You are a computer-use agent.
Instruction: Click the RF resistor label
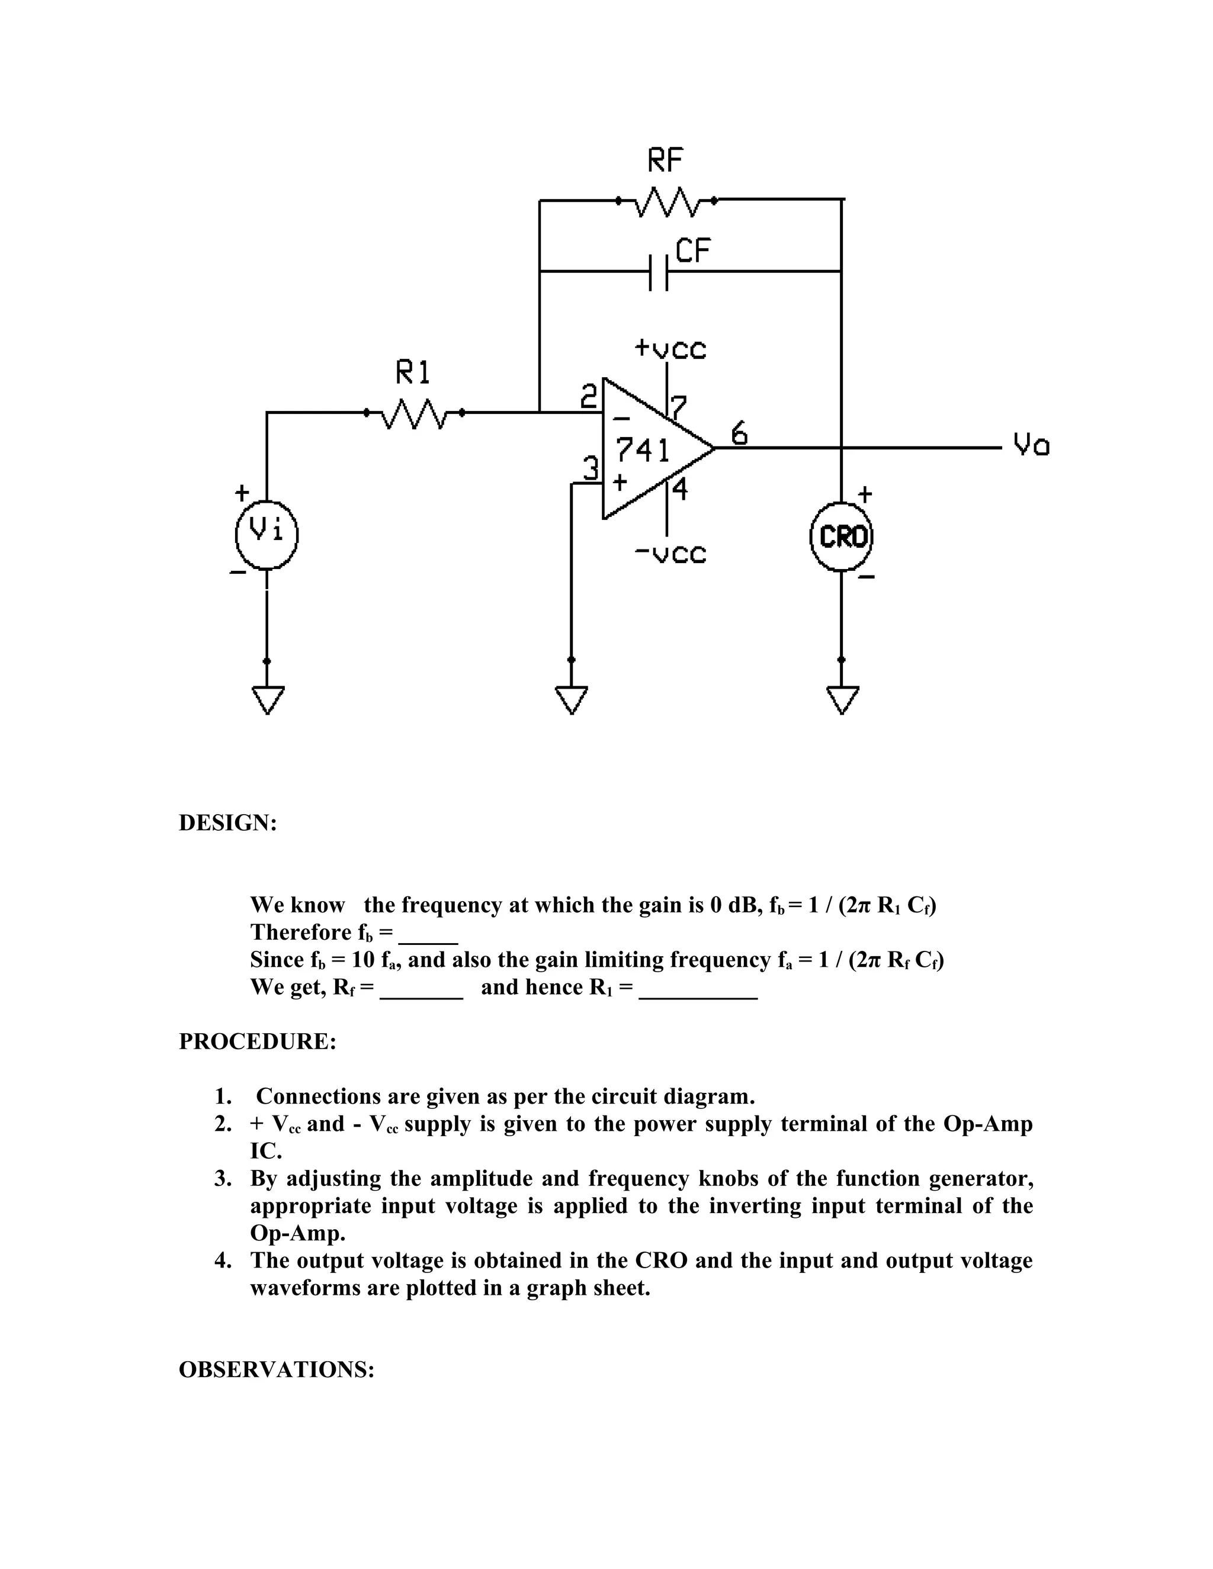tap(665, 160)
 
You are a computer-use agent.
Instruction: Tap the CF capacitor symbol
tap(658, 272)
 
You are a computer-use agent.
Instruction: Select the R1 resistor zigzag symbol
tap(414, 413)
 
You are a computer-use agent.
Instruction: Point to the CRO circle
tap(842, 536)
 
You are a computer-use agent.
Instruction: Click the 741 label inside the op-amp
tap(643, 451)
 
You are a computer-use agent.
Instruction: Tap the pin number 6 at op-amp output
tap(739, 434)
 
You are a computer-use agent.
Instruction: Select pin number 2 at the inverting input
tap(589, 397)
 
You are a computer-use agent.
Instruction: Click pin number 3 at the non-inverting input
tap(590, 468)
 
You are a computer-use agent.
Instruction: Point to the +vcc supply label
tap(670, 349)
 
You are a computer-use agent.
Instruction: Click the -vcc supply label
tap(670, 554)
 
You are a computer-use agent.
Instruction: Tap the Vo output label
tap(1031, 445)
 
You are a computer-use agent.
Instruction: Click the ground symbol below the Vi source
tap(267, 700)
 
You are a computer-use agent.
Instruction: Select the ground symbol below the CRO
tap(842, 700)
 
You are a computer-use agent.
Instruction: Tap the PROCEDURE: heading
tap(257, 1041)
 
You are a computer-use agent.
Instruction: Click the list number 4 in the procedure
tap(223, 1261)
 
